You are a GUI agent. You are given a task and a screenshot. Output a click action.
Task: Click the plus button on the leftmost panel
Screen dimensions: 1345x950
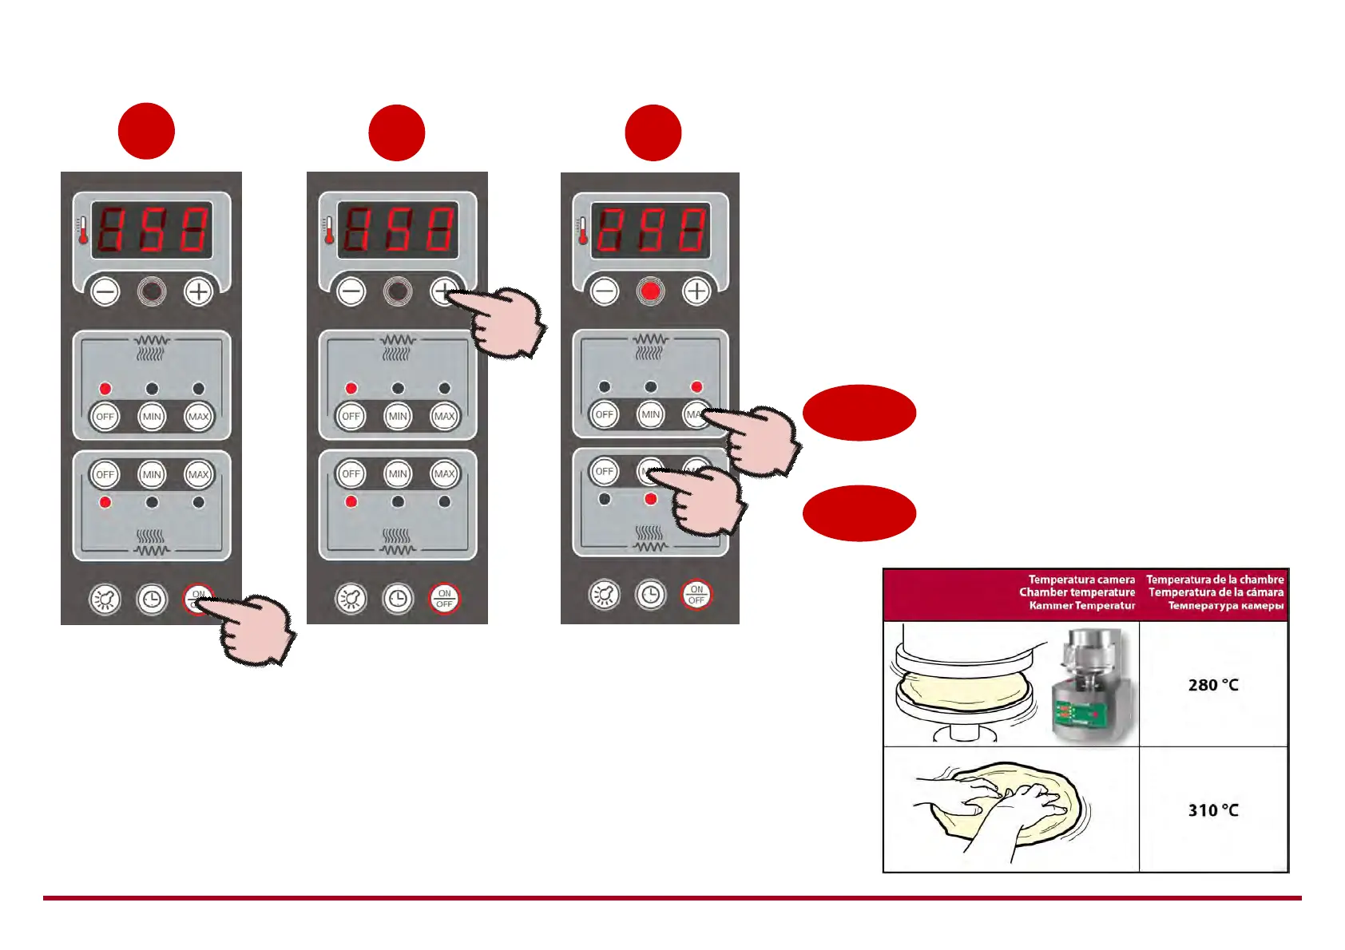(198, 292)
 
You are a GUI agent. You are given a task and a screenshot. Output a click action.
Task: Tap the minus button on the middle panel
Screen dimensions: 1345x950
(351, 292)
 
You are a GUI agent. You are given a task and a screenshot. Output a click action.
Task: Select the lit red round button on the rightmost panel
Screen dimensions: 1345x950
(650, 291)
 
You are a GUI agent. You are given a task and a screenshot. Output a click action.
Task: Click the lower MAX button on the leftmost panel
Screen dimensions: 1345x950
(198, 474)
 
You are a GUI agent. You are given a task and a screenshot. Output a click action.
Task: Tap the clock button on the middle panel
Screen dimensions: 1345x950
(398, 598)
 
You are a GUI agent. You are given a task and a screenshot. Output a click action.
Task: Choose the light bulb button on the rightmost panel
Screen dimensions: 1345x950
(604, 595)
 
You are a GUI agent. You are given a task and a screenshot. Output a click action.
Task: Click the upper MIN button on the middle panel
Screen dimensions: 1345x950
(398, 416)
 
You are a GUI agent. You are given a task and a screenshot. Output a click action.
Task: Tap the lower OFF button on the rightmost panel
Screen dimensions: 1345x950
(605, 471)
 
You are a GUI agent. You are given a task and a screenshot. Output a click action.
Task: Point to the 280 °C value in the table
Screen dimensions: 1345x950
(1213, 685)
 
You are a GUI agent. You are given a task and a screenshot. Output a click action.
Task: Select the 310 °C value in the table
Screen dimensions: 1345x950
(1213, 810)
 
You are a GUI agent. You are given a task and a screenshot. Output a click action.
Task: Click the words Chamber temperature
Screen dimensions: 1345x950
(1077, 592)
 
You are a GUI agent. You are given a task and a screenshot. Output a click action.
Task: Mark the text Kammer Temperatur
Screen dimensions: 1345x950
(1081, 606)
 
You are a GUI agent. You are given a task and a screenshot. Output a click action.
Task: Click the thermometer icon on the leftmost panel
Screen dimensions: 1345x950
(82, 231)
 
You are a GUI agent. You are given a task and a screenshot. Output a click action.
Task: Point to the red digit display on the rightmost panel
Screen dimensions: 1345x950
(650, 231)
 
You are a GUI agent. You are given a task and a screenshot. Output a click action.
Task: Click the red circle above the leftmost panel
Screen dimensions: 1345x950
(146, 132)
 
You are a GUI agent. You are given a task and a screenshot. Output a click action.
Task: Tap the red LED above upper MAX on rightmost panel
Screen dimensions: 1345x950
(696, 387)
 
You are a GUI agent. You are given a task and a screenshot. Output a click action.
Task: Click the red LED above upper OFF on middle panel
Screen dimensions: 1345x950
(351, 389)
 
